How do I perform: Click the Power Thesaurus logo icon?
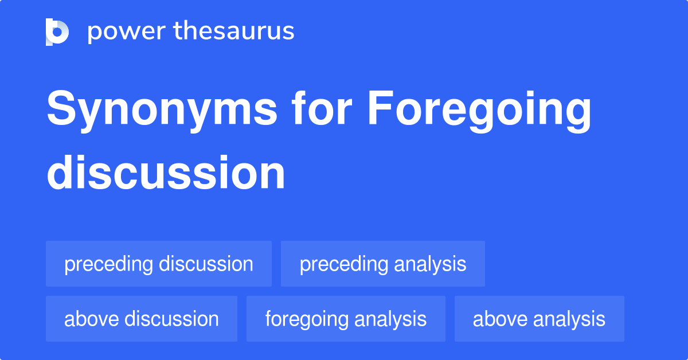click(57, 32)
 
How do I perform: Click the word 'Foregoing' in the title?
click(479, 110)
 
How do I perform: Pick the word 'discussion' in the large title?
click(166, 173)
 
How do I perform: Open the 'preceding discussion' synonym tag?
click(159, 264)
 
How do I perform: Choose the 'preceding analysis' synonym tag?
click(383, 264)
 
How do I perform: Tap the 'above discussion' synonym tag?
click(142, 319)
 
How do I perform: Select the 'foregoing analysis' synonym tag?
click(346, 319)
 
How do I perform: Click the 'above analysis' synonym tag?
click(539, 319)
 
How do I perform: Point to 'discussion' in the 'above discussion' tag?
click(171, 319)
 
